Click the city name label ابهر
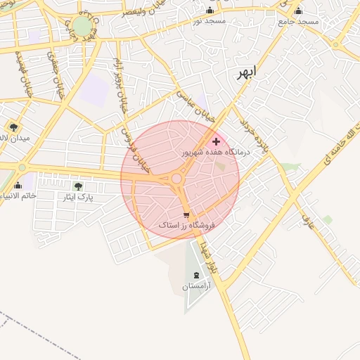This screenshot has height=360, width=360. [247, 72]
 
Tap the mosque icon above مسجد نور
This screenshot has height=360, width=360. [210, 11]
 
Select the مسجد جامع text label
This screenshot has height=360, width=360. [299, 22]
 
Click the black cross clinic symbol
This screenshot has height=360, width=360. [216, 142]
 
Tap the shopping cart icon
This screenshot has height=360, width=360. [186, 215]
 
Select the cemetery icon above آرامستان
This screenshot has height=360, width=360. [195, 274]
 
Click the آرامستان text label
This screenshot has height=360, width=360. [196, 286]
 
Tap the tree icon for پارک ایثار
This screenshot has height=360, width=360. [78, 186]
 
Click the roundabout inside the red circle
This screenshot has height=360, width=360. [176, 179]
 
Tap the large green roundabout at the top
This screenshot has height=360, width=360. [82, 26]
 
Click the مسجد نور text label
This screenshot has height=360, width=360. [209, 22]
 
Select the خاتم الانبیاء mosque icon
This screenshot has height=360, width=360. [18, 186]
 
